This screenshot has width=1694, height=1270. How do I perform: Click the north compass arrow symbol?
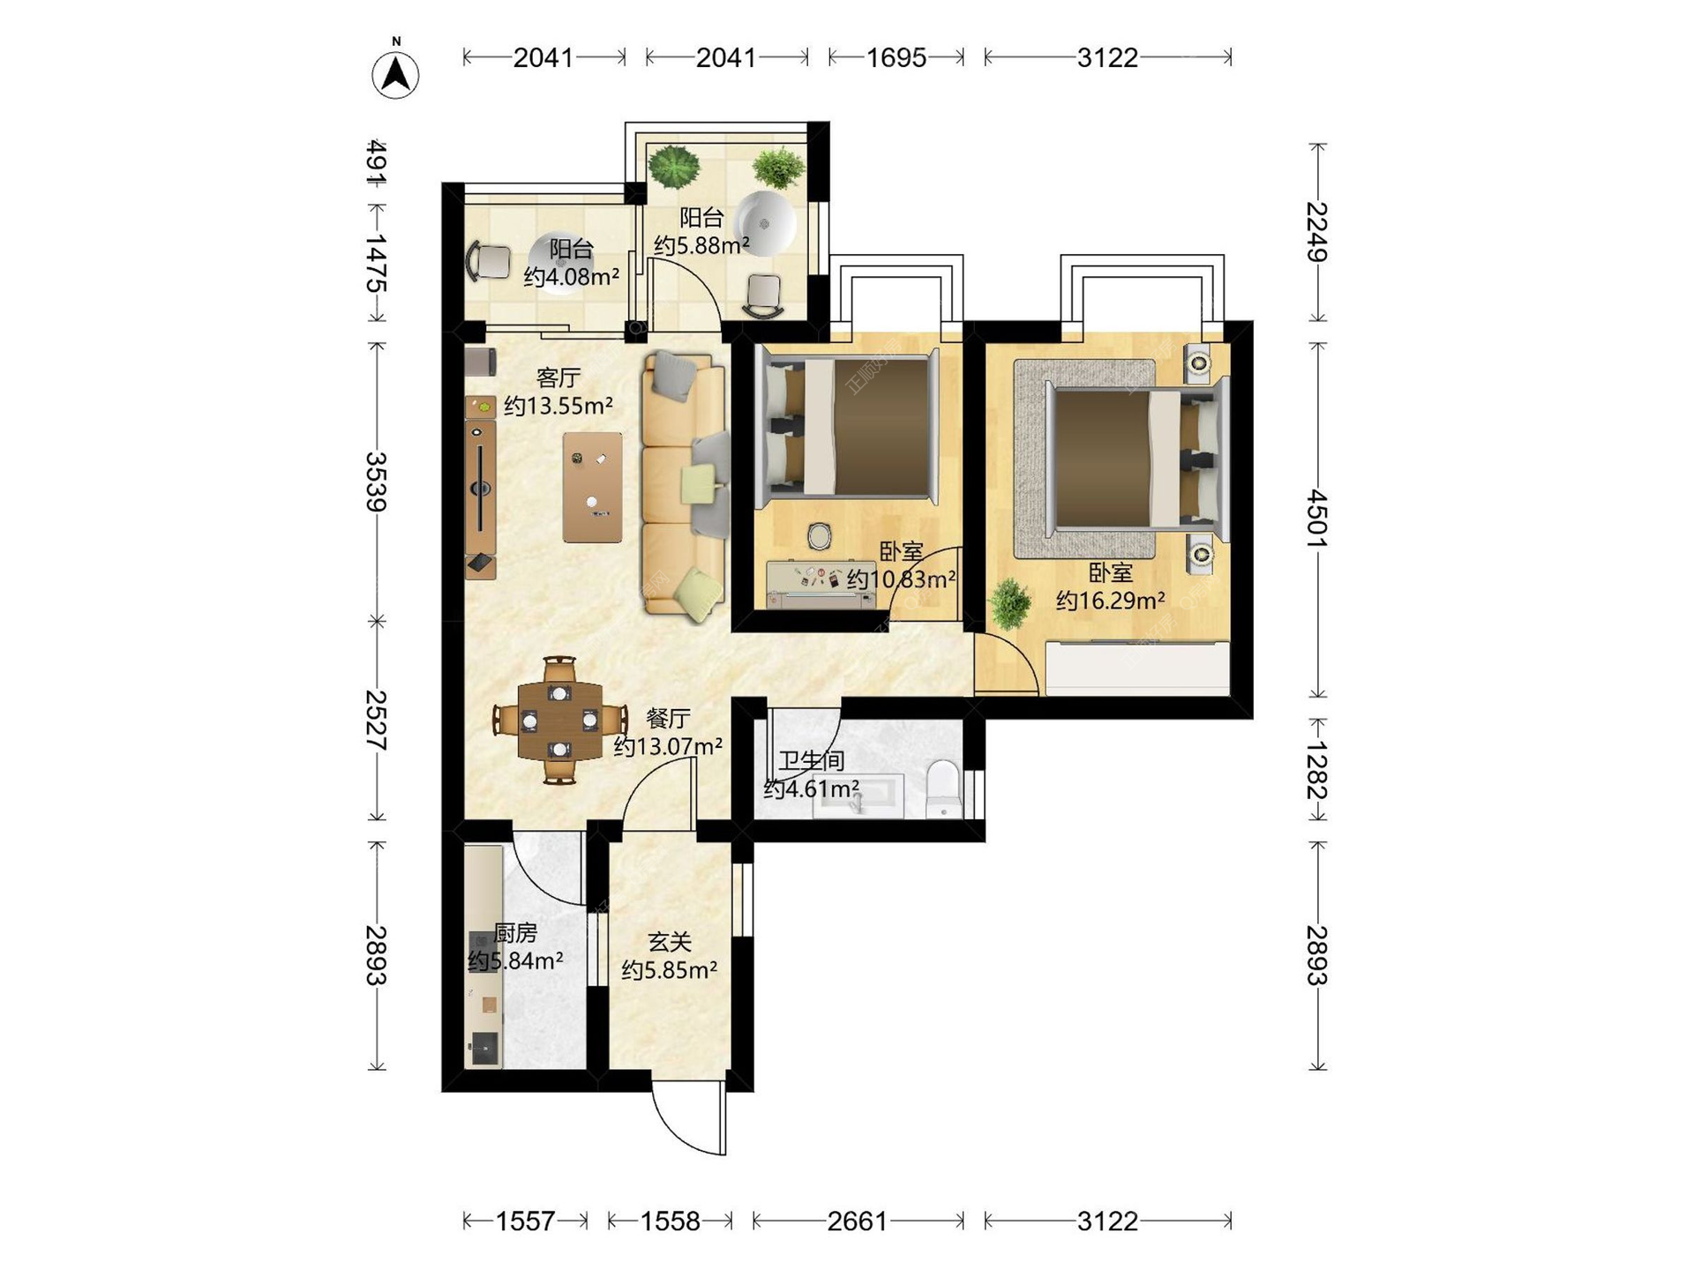395,74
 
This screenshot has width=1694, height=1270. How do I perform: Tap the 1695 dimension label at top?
896,57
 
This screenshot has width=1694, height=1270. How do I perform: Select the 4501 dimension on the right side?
1316,519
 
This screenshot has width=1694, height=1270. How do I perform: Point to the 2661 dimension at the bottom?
857,1221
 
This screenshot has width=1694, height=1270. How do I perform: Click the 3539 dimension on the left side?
377,482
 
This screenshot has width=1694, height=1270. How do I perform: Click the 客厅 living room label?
558,378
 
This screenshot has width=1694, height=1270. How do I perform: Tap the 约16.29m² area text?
1110,601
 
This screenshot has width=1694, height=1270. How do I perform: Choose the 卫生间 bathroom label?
811,760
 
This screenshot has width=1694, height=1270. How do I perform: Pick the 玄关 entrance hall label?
670,942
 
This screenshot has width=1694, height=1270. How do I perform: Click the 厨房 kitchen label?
515,932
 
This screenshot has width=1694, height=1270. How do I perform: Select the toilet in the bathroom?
943,788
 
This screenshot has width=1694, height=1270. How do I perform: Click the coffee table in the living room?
592,487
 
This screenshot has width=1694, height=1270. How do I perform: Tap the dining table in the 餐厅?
559,721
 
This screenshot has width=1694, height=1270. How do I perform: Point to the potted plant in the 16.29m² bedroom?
1010,603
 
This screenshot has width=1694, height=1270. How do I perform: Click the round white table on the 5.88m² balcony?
765,223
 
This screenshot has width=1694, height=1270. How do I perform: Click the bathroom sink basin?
858,796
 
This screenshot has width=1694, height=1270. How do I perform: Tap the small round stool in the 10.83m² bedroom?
820,536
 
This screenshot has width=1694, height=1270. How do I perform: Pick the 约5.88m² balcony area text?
701,244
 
